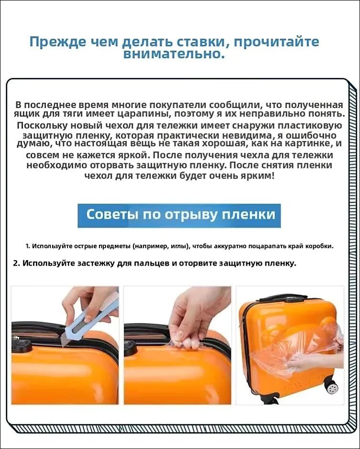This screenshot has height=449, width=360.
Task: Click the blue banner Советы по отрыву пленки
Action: click(179, 215)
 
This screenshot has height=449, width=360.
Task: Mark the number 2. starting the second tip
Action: click(16, 263)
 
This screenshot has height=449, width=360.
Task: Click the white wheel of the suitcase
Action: click(332, 388)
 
